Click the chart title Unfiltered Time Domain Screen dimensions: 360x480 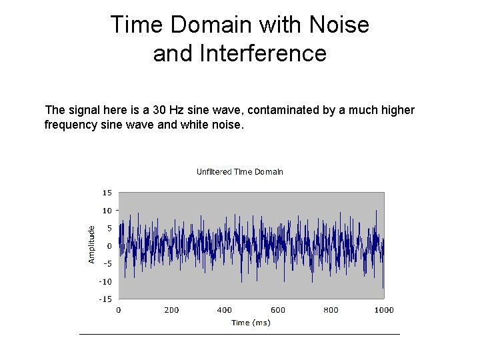click(x=239, y=172)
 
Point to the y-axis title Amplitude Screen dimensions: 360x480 click(x=92, y=243)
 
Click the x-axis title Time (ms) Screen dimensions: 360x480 click(x=251, y=323)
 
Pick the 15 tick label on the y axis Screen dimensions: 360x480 click(x=107, y=193)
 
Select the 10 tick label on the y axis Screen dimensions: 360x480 click(x=107, y=211)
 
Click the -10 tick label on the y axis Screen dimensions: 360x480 click(x=105, y=281)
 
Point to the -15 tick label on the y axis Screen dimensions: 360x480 click(x=105, y=299)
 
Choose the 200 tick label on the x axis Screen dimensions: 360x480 click(x=171, y=310)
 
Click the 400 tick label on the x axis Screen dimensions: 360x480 click(x=225, y=310)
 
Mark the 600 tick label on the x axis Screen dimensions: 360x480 click(x=278, y=310)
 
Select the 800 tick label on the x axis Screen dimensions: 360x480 click(x=331, y=310)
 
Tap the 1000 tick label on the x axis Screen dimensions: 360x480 click(x=383, y=310)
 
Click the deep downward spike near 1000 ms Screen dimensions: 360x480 click(x=383, y=285)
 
